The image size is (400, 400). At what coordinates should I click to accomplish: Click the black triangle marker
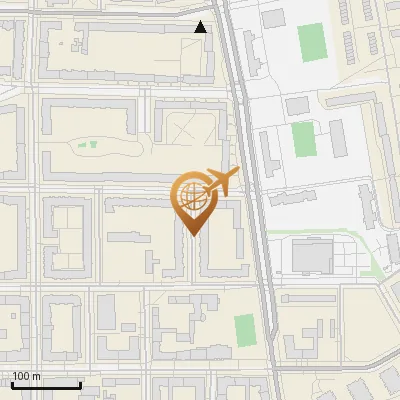tap(201, 27)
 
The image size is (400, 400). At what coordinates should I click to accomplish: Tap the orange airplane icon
tap(219, 182)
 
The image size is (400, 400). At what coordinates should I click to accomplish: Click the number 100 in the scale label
tap(21, 376)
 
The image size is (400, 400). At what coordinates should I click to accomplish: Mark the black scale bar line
tap(46, 385)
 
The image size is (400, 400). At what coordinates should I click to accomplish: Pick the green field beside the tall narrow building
tap(302, 140)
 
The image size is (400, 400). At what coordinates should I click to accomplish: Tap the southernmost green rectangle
tap(244, 329)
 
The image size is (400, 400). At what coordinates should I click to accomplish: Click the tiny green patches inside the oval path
tap(88, 145)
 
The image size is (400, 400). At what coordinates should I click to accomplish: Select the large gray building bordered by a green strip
tap(312, 256)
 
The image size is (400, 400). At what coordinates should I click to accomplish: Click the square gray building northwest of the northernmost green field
tap(270, 17)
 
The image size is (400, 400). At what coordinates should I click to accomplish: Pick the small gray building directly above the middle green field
tap(297, 105)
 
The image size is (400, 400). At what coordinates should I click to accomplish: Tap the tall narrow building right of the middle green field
tap(337, 138)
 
